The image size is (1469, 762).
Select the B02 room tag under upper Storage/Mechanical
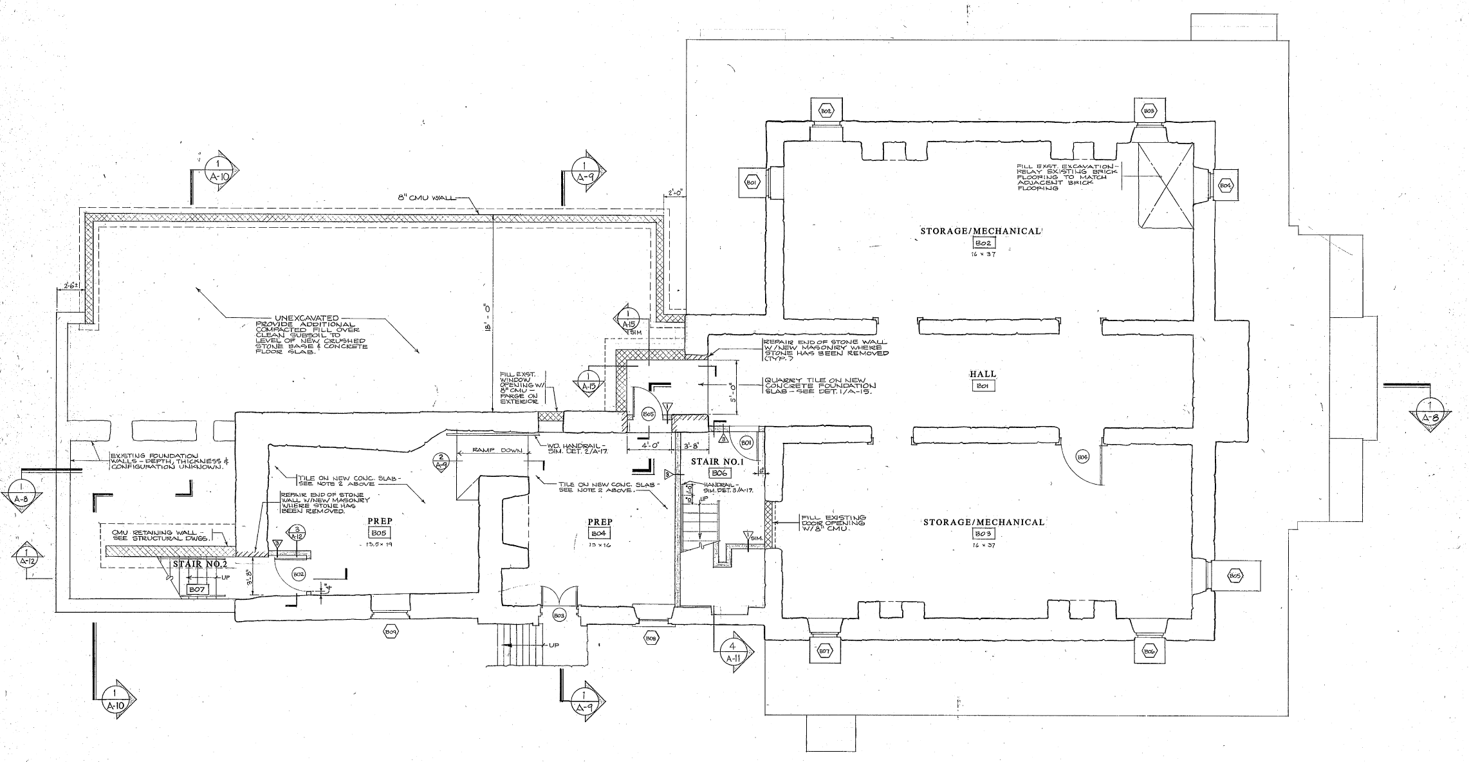[983, 243]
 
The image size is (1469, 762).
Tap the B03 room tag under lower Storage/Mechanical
[983, 534]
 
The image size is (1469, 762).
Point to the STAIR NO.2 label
[199, 564]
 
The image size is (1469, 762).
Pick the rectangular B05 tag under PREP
[378, 533]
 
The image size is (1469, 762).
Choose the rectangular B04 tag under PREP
[598, 534]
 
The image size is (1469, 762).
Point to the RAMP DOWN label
[495, 451]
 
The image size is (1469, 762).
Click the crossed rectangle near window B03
[1165, 186]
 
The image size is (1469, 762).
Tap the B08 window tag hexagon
[651, 638]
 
